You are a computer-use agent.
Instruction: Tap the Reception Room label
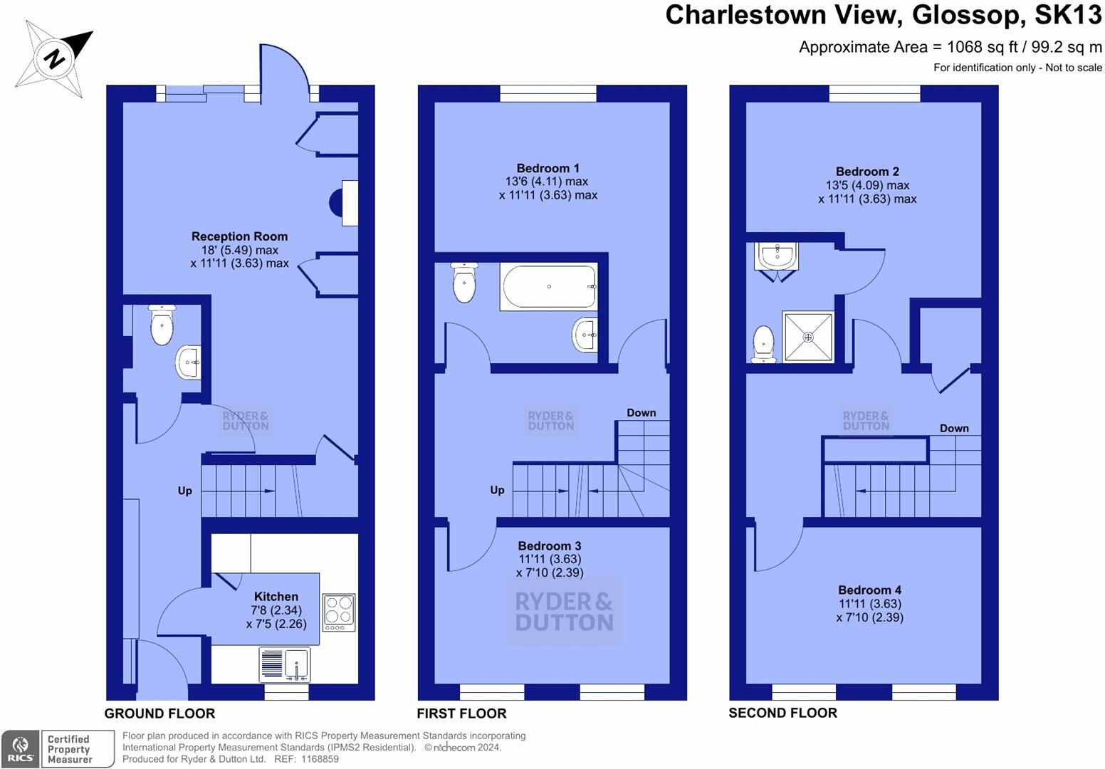(x=239, y=236)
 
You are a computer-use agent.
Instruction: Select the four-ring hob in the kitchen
(x=338, y=612)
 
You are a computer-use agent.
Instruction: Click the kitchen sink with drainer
(x=284, y=664)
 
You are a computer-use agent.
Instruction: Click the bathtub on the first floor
(x=548, y=286)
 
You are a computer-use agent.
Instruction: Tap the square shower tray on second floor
(x=807, y=336)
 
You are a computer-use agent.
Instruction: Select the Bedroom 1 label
(x=548, y=169)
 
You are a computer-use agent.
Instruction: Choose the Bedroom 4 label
(x=869, y=590)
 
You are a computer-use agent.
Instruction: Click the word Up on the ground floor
(x=185, y=491)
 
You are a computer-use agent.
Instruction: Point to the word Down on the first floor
(x=641, y=413)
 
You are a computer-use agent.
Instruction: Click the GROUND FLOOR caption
(x=159, y=713)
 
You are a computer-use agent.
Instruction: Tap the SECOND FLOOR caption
(x=782, y=713)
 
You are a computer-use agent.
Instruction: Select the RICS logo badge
(x=20, y=749)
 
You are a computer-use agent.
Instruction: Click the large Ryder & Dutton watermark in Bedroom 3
(x=564, y=612)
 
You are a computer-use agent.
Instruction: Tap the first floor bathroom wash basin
(x=585, y=334)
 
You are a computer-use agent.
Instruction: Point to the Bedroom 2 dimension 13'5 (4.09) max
(x=866, y=186)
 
